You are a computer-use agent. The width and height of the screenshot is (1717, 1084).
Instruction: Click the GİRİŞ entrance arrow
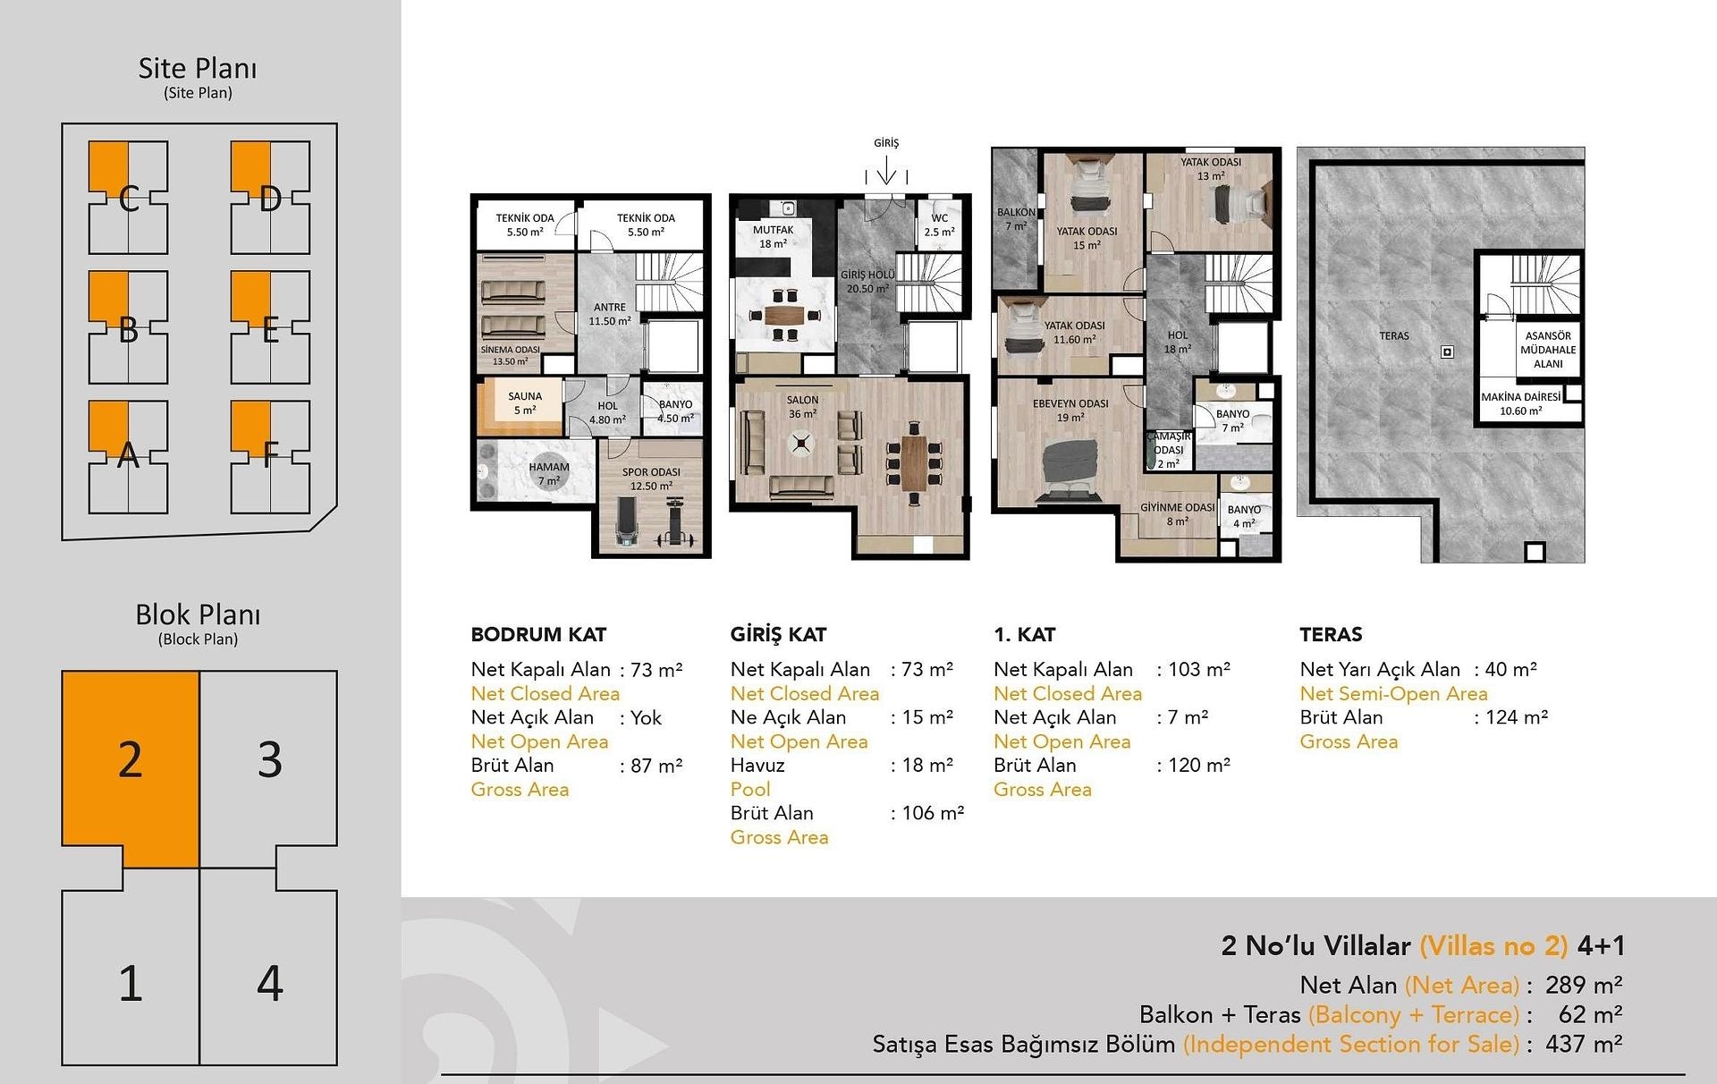886,170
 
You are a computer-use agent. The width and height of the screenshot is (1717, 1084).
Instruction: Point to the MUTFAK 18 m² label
773,236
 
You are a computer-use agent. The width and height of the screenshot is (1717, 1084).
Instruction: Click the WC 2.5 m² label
939,224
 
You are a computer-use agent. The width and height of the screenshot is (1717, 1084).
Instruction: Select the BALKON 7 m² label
1016,219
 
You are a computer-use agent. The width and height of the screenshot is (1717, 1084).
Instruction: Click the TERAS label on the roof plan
1393,335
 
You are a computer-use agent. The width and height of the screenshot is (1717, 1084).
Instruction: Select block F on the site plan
270,456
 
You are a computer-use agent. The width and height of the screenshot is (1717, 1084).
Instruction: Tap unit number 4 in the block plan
269,982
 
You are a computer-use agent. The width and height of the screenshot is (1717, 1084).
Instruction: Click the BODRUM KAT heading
538,634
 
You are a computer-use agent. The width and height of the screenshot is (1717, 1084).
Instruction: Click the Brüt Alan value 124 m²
1517,716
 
